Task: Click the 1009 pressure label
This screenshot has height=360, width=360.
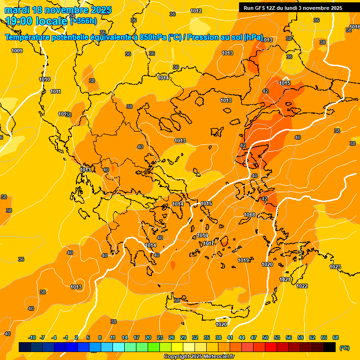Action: pyautogui.click(x=17, y=51)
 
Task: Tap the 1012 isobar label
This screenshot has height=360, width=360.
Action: pyautogui.click(x=196, y=11)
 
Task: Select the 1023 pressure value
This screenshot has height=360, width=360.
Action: pyautogui.click(x=335, y=267)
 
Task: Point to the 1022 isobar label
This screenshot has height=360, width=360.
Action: pyautogui.click(x=302, y=286)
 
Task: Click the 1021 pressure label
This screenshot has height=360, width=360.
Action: pyautogui.click(x=285, y=279)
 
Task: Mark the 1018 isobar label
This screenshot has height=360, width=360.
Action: pyautogui.click(x=249, y=215)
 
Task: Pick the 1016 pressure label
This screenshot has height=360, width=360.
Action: pyautogui.click(x=202, y=236)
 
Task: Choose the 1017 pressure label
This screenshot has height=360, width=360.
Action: pyautogui.click(x=209, y=243)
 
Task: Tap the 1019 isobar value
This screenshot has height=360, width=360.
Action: pyautogui.click(x=243, y=260)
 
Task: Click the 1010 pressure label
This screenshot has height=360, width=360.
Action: pyautogui.click(x=45, y=80)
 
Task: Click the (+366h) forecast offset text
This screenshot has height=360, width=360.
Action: pyautogui.click(x=83, y=21)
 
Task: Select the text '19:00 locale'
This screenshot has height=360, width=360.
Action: pyautogui.click(x=36, y=21)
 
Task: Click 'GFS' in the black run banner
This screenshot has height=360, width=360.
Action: pyautogui.click(x=261, y=8)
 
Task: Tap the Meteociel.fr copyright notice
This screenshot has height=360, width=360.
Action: pyautogui.click(x=199, y=357)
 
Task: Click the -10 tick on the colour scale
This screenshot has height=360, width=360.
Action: pyautogui.click(x=32, y=337)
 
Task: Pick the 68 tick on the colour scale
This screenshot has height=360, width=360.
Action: pyautogui.click(x=336, y=337)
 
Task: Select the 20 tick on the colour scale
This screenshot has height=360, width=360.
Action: pyautogui.click(x=148, y=337)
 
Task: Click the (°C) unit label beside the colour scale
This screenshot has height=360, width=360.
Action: pyautogui.click(x=344, y=348)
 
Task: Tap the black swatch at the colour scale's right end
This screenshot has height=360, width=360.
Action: pyautogui.click(x=330, y=347)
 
